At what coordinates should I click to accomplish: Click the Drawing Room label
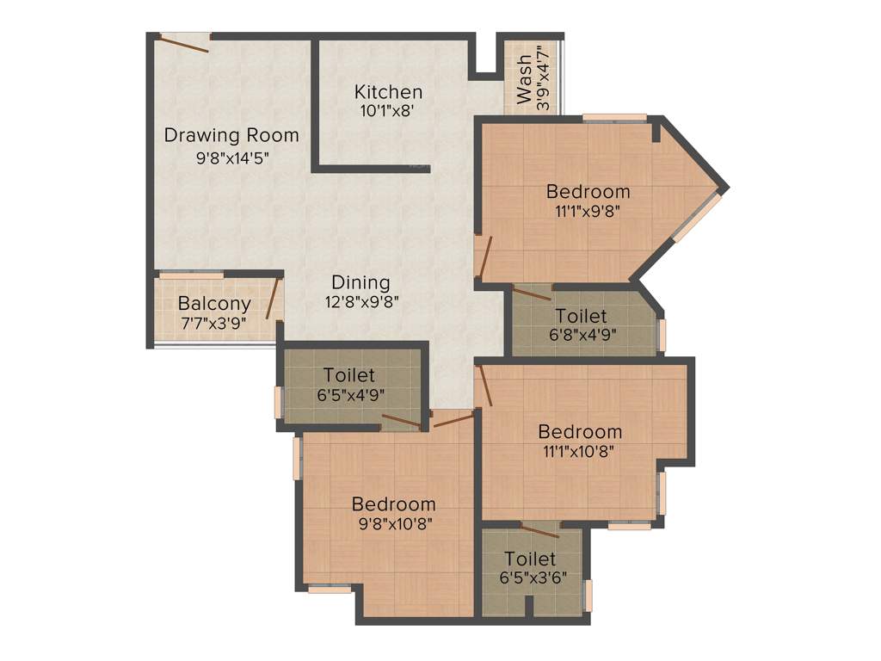(231, 135)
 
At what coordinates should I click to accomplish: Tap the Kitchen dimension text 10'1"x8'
(388, 110)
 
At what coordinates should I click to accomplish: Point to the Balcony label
(214, 303)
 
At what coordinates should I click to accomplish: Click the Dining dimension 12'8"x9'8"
(361, 301)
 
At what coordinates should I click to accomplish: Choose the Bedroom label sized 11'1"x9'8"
(588, 191)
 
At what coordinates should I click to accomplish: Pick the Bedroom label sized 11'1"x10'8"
(580, 431)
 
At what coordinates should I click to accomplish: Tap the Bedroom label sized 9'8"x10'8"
(393, 504)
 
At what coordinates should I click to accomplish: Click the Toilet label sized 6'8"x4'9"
(581, 316)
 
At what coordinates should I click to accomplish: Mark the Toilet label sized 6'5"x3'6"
(530, 559)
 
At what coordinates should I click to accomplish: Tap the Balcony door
(273, 298)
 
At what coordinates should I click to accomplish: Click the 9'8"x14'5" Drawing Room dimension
(231, 158)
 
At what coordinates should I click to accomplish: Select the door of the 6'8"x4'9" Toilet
(533, 293)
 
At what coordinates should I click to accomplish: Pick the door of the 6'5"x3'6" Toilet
(540, 529)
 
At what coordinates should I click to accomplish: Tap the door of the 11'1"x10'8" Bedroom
(484, 385)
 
